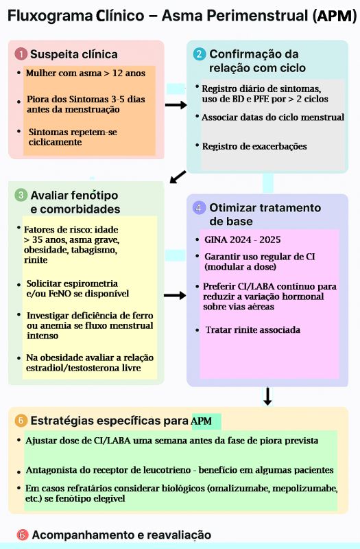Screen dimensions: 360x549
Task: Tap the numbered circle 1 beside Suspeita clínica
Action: pos(21,54)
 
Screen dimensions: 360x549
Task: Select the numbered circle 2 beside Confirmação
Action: pos(199,54)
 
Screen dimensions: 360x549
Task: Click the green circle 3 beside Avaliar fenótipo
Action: pos(21,195)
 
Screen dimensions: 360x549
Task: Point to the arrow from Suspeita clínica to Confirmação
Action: pos(176,105)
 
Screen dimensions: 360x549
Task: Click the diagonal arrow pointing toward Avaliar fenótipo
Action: pos(178,176)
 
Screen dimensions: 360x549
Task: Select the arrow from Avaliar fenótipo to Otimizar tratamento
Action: pos(175,296)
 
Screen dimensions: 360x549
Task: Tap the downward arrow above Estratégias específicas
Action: pos(267,396)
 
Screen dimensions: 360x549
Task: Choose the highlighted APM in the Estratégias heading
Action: pos(202,421)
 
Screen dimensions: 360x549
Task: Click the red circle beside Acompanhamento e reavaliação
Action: pos(23,535)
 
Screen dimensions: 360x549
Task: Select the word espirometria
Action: pos(88,283)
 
